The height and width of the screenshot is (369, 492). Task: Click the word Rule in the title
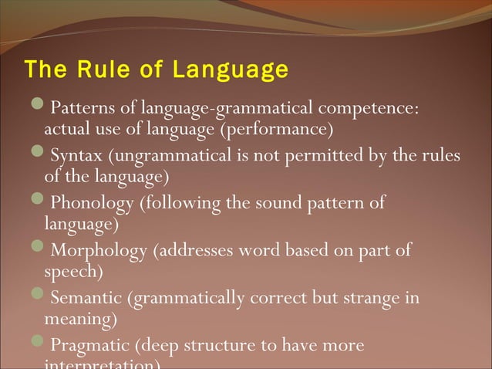96,70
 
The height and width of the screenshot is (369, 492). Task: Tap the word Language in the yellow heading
231,71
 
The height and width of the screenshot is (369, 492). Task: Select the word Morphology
98,251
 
